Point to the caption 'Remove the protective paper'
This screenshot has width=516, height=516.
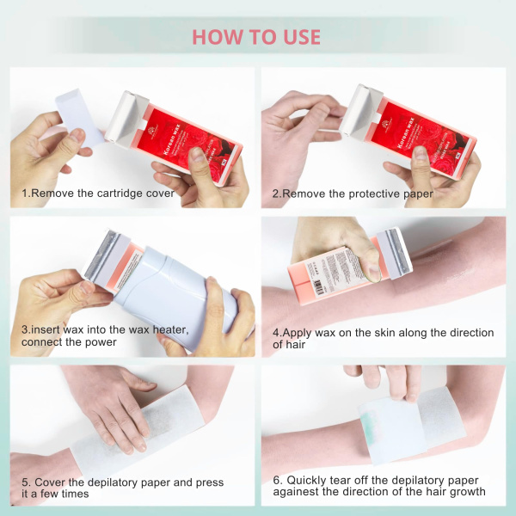click(x=356, y=193)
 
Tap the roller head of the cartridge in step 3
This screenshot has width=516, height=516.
click(x=101, y=255)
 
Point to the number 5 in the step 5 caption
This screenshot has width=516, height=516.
click(x=25, y=482)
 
